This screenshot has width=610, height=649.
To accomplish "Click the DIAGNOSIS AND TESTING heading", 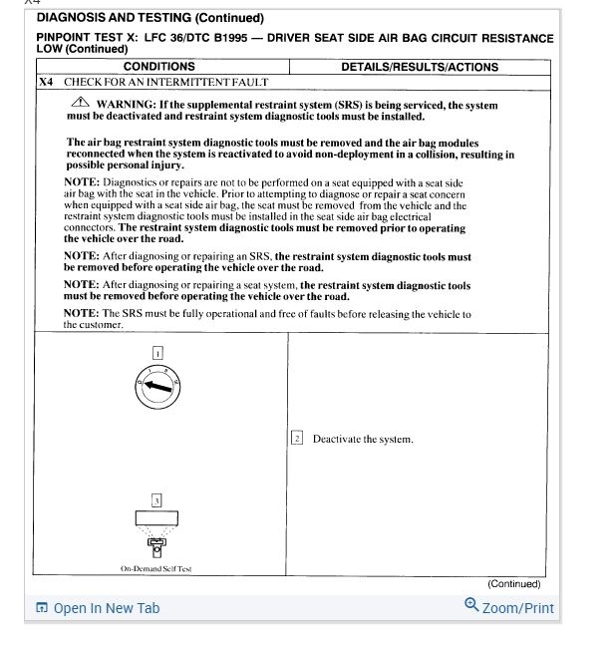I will click(150, 18).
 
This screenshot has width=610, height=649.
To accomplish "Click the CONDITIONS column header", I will click(159, 67).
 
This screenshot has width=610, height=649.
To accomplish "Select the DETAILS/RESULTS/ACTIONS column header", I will click(420, 67).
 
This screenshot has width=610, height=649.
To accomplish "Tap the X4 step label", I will click(46, 82).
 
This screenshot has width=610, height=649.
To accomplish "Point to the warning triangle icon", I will click(80, 104).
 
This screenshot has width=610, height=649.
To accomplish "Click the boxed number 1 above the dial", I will click(157, 353).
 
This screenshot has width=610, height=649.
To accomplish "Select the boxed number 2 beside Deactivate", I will click(297, 439).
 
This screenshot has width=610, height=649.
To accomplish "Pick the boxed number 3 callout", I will click(156, 499).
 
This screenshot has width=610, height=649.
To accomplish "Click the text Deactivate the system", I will click(362, 439).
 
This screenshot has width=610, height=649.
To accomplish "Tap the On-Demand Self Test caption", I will click(156, 569).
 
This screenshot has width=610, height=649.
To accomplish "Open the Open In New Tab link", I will click(106, 608).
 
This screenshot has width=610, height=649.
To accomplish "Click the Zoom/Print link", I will click(517, 608).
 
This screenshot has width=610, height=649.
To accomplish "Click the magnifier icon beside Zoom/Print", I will click(471, 605).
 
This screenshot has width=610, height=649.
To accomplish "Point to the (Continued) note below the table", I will click(513, 584).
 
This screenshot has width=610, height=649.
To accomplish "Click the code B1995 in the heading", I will click(225, 38).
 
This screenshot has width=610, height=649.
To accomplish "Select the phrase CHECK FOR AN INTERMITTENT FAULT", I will click(160, 82).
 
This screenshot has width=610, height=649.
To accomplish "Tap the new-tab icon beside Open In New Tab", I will click(42, 608).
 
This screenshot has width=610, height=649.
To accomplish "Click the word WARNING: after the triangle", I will click(126, 105).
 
